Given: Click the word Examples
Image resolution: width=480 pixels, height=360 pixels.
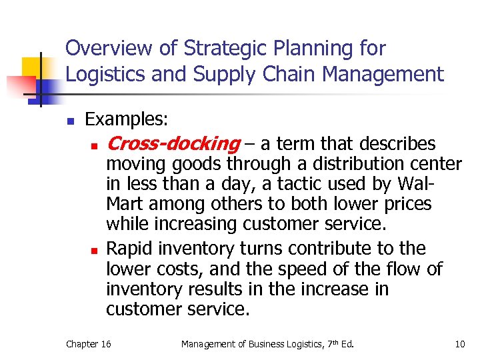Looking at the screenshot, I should pos(127,119).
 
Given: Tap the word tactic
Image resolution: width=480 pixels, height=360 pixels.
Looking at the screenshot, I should pos(295,183).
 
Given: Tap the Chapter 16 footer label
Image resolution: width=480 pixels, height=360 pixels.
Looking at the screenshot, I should pos(89,344).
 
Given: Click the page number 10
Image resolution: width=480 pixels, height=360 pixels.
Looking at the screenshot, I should pos(459,344).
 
